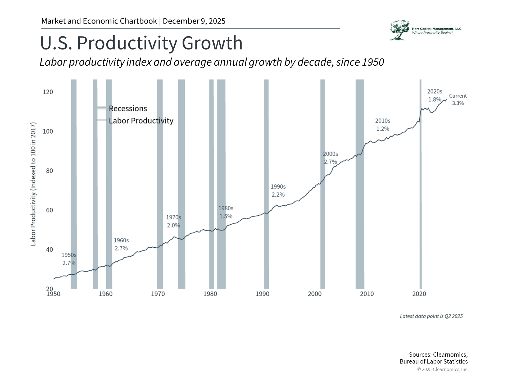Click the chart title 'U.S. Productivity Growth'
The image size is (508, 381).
141,43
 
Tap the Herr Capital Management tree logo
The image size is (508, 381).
400,30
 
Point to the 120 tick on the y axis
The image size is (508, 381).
48,92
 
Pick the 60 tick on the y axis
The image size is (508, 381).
49,210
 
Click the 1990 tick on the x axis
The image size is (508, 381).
262,294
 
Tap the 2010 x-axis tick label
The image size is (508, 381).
367,294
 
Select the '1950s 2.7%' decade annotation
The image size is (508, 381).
69,259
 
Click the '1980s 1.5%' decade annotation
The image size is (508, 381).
226,212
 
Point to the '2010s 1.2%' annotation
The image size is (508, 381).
383,125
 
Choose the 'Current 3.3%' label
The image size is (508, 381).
458,99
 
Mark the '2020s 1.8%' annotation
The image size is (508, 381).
434,95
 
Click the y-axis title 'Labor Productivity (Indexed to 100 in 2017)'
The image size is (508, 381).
33,184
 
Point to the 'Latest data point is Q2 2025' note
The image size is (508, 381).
431,316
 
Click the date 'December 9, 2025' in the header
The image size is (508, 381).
194,21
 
